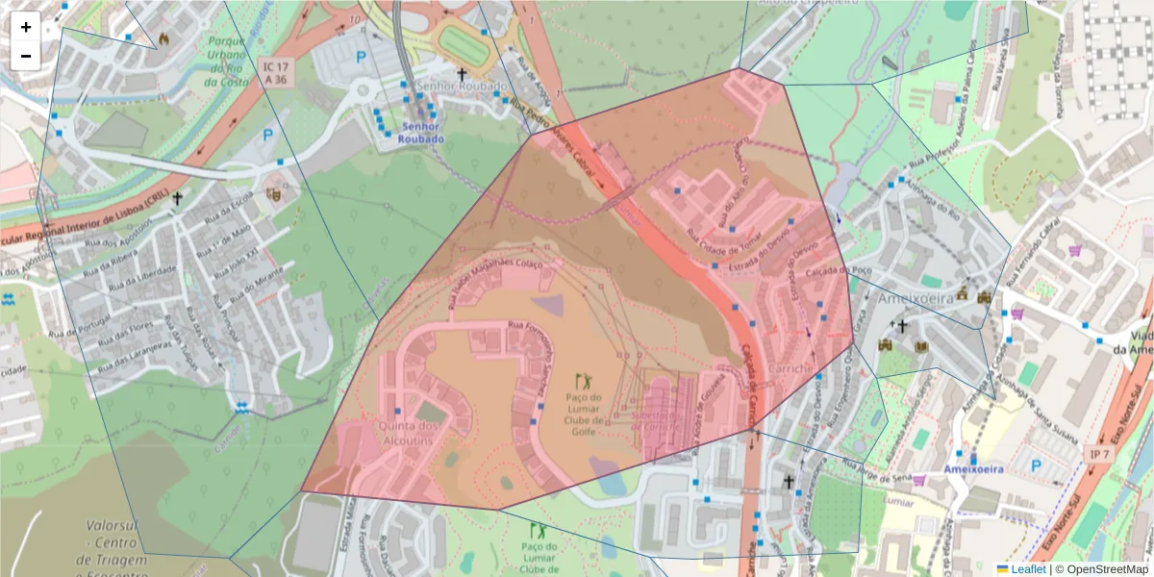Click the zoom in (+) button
[26, 27]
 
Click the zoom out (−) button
[26, 56]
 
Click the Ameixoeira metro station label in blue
[973, 469]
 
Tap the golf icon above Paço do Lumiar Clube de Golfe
[582, 381]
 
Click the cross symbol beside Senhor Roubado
[462, 74]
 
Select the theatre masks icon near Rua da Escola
[276, 193]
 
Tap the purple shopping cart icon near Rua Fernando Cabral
[1074, 251]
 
